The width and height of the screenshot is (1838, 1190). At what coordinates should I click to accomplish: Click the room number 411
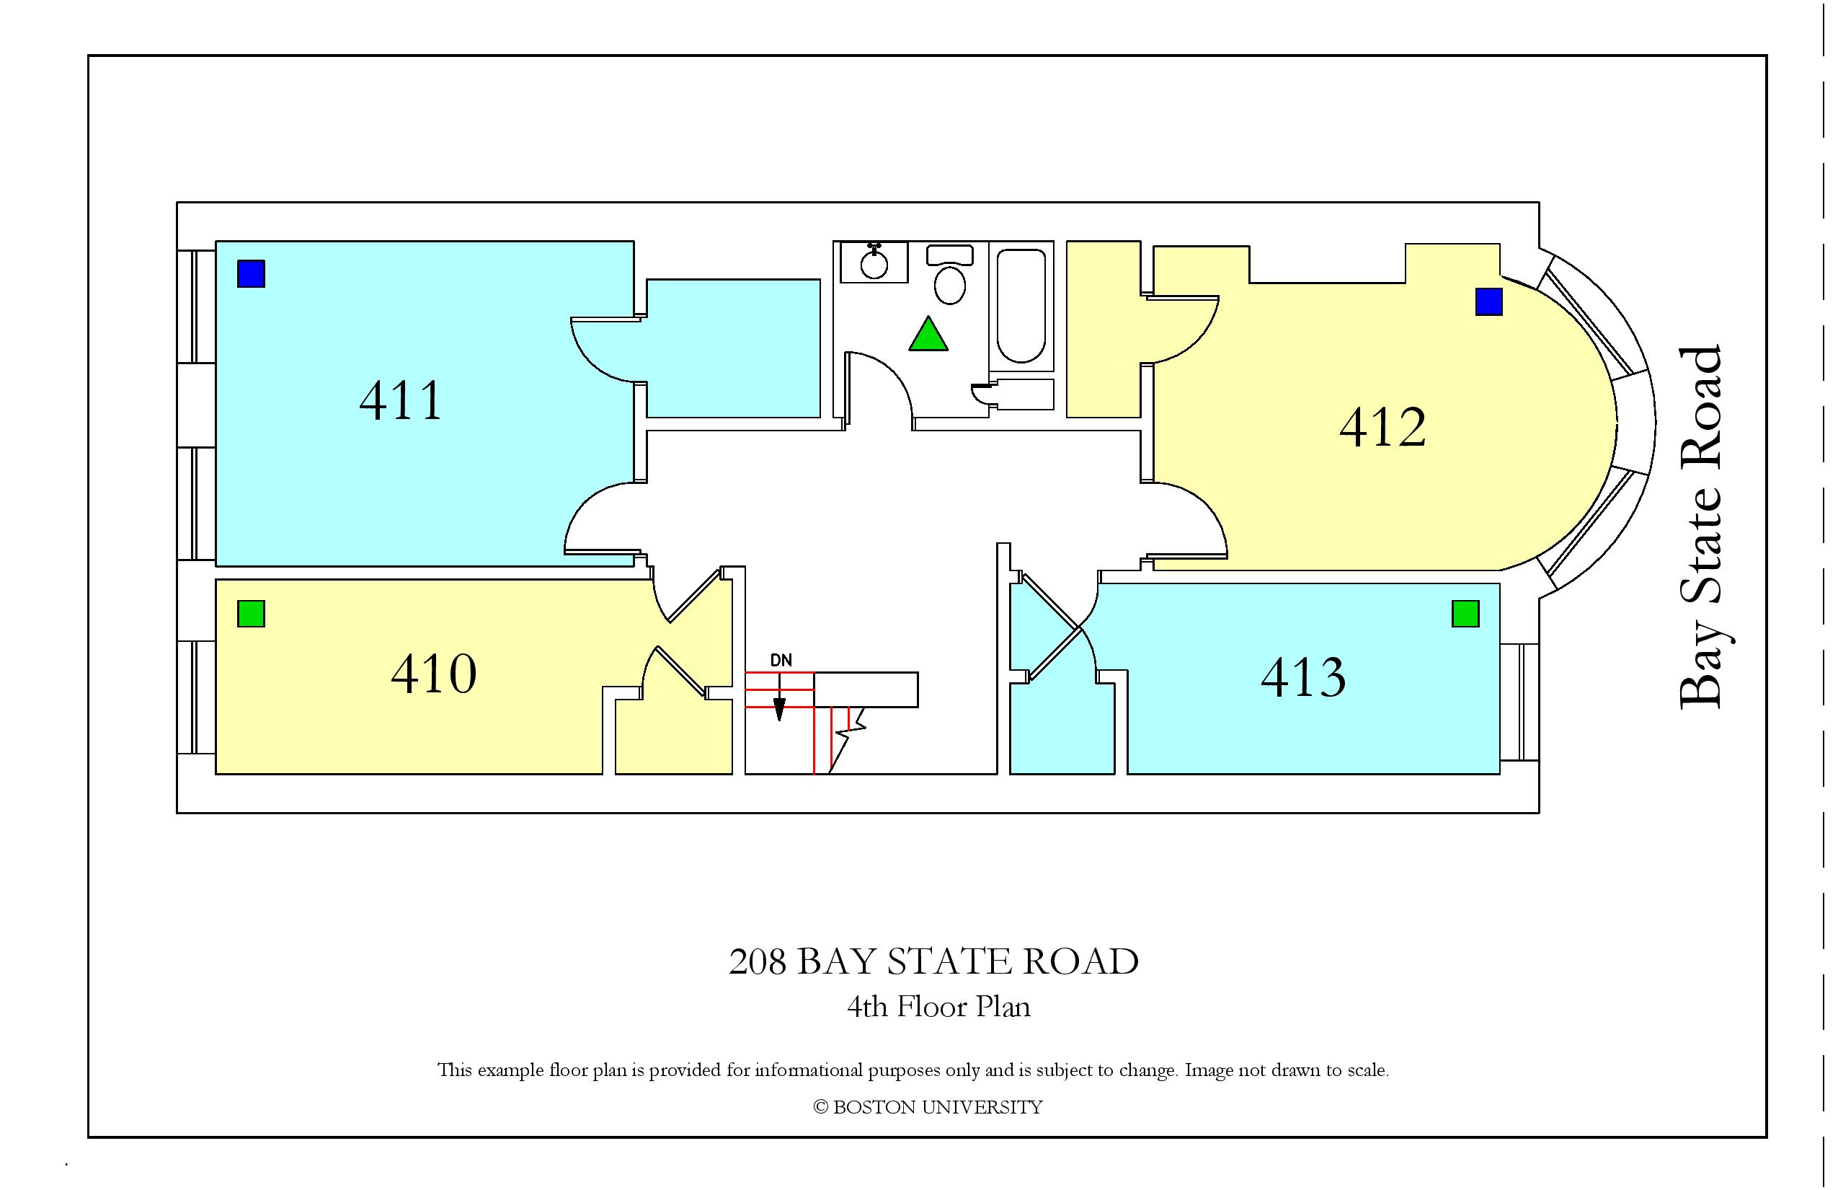pos(401,400)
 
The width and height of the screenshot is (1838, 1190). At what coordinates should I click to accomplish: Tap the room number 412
pos(1382,427)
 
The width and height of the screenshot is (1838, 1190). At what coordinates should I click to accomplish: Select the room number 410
pos(434,674)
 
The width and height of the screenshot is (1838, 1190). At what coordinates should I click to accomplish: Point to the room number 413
pos(1304,678)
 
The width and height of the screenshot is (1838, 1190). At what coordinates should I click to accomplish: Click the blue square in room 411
pos(251,273)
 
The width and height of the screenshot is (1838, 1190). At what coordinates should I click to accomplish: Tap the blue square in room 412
pos(1489,301)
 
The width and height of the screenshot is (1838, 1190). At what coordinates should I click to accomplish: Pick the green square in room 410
pos(251,614)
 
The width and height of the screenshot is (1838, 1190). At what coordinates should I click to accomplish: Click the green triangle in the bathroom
pos(928,335)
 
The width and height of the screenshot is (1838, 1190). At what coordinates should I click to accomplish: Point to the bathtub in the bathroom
pos(1021,306)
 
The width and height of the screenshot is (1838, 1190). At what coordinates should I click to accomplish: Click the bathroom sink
pos(874,262)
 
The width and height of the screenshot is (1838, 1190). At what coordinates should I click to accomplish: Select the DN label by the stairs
pos(781,660)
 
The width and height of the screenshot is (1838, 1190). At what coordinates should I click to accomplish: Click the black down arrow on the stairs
pos(779,697)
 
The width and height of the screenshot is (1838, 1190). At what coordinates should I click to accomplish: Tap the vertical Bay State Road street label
pos(1700,527)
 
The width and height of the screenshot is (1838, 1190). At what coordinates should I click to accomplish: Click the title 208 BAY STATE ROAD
pos(933,961)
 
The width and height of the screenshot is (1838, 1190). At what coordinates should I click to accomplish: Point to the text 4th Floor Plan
pos(938,1007)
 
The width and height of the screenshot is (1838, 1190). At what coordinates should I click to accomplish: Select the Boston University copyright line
pos(928,1107)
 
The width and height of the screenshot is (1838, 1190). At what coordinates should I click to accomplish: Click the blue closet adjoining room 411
pos(733,348)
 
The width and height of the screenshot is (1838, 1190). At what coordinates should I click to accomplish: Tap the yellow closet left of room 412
pos(1104,329)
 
